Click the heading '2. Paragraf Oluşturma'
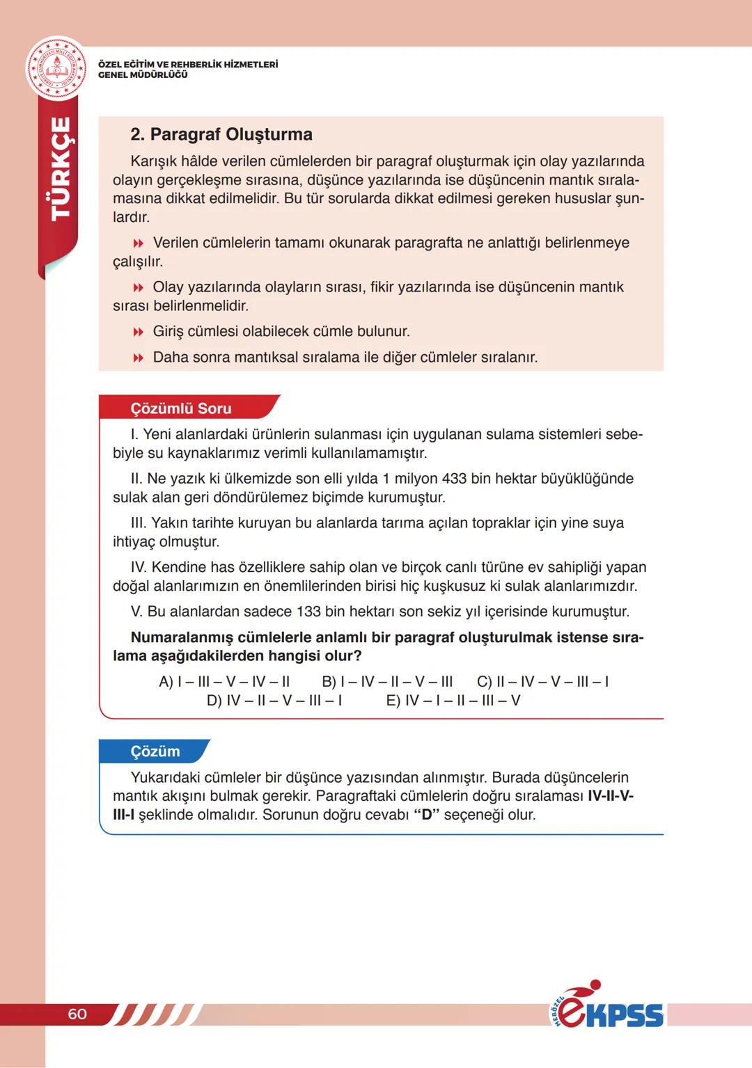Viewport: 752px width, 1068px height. (x=221, y=134)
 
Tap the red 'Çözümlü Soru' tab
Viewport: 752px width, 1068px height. (x=181, y=408)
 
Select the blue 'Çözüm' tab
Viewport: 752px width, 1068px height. (x=155, y=751)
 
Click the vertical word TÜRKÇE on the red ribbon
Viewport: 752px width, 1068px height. (x=61, y=168)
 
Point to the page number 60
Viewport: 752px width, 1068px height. (x=77, y=1014)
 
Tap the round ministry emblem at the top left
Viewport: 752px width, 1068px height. (x=56, y=70)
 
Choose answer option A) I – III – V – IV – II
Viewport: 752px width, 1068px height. (x=224, y=682)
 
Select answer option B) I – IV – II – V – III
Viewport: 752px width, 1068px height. (x=387, y=682)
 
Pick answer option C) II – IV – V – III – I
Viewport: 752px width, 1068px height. (x=542, y=682)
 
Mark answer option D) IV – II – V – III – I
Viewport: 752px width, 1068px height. (x=274, y=701)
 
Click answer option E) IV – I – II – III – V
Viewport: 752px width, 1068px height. (x=453, y=701)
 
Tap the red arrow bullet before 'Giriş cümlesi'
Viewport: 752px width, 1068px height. (x=138, y=332)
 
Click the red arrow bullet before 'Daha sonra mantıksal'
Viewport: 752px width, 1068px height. (x=138, y=358)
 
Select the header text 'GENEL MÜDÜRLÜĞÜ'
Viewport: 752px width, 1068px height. (x=143, y=75)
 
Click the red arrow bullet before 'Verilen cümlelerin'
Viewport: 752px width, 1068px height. (x=138, y=244)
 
